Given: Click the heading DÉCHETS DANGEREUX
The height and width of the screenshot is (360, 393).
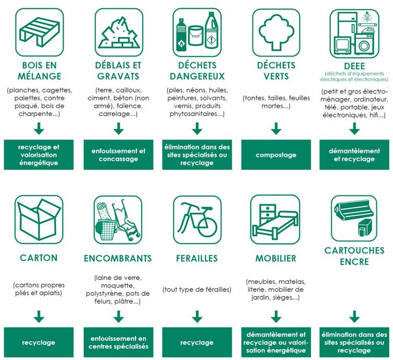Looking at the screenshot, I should click(x=197, y=71).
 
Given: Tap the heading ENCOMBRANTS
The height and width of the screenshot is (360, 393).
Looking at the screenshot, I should click(x=118, y=258).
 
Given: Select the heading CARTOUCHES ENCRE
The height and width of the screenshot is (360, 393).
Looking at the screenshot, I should click(x=354, y=256).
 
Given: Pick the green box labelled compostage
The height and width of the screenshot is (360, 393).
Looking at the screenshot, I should click(x=276, y=155).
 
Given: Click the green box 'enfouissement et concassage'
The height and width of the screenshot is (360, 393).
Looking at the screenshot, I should click(x=118, y=155).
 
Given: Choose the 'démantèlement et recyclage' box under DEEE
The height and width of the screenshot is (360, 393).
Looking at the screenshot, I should click(x=355, y=155).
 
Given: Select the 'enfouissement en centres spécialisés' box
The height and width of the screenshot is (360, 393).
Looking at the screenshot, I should click(x=118, y=343).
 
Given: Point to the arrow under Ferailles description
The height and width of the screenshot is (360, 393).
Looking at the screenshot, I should click(x=197, y=316).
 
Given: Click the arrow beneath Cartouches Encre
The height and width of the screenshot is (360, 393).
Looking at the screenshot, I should click(x=355, y=316).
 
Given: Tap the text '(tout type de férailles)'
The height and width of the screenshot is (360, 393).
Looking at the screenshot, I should click(x=197, y=289).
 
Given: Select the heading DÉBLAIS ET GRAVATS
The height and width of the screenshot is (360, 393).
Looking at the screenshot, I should click(x=118, y=71).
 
